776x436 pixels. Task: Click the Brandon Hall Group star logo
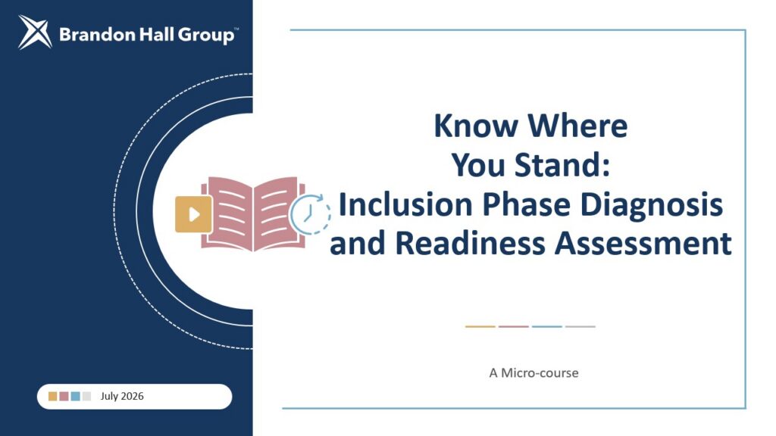pos(35,33)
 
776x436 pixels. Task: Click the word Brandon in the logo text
pos(97,35)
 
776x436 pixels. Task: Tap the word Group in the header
pos(206,36)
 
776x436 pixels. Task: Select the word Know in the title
pos(476,126)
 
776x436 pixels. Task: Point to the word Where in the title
pos(578,126)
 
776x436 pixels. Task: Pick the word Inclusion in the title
pos(405,204)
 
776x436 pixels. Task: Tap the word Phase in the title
pos(526,204)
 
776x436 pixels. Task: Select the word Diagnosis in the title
pos(651,206)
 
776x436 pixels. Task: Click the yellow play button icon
pos(193,214)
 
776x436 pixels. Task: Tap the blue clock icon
pos(310,214)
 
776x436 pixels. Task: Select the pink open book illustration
pos(253,213)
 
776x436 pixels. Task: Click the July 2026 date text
pos(122,396)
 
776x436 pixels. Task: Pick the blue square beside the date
pos(75,396)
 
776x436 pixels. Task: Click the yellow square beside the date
pos(52,396)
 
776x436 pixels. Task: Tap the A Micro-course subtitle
pos(533,372)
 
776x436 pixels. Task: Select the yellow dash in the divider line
pos(480,326)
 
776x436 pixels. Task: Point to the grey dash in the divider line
pos(580,326)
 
